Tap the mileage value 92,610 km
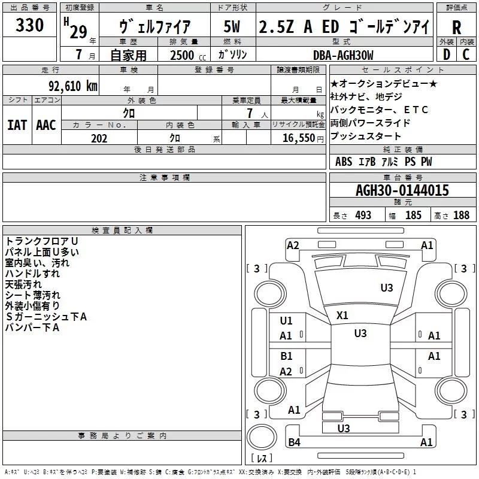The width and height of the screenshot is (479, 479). pos(68,86)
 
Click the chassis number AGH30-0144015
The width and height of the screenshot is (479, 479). pos(402,191)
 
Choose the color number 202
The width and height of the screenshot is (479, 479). pos(99,138)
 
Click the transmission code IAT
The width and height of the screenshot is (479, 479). pos(17,125)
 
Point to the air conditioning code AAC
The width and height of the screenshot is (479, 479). pos(46,125)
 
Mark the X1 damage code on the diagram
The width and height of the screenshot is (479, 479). pos(342,315)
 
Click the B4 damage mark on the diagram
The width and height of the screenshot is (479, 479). pos(294,442)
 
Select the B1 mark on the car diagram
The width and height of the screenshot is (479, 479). pos(286,356)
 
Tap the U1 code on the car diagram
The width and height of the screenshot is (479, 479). pos(286,321)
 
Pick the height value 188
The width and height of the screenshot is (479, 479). pos(462,215)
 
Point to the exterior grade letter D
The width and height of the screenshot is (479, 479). pos(445,54)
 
